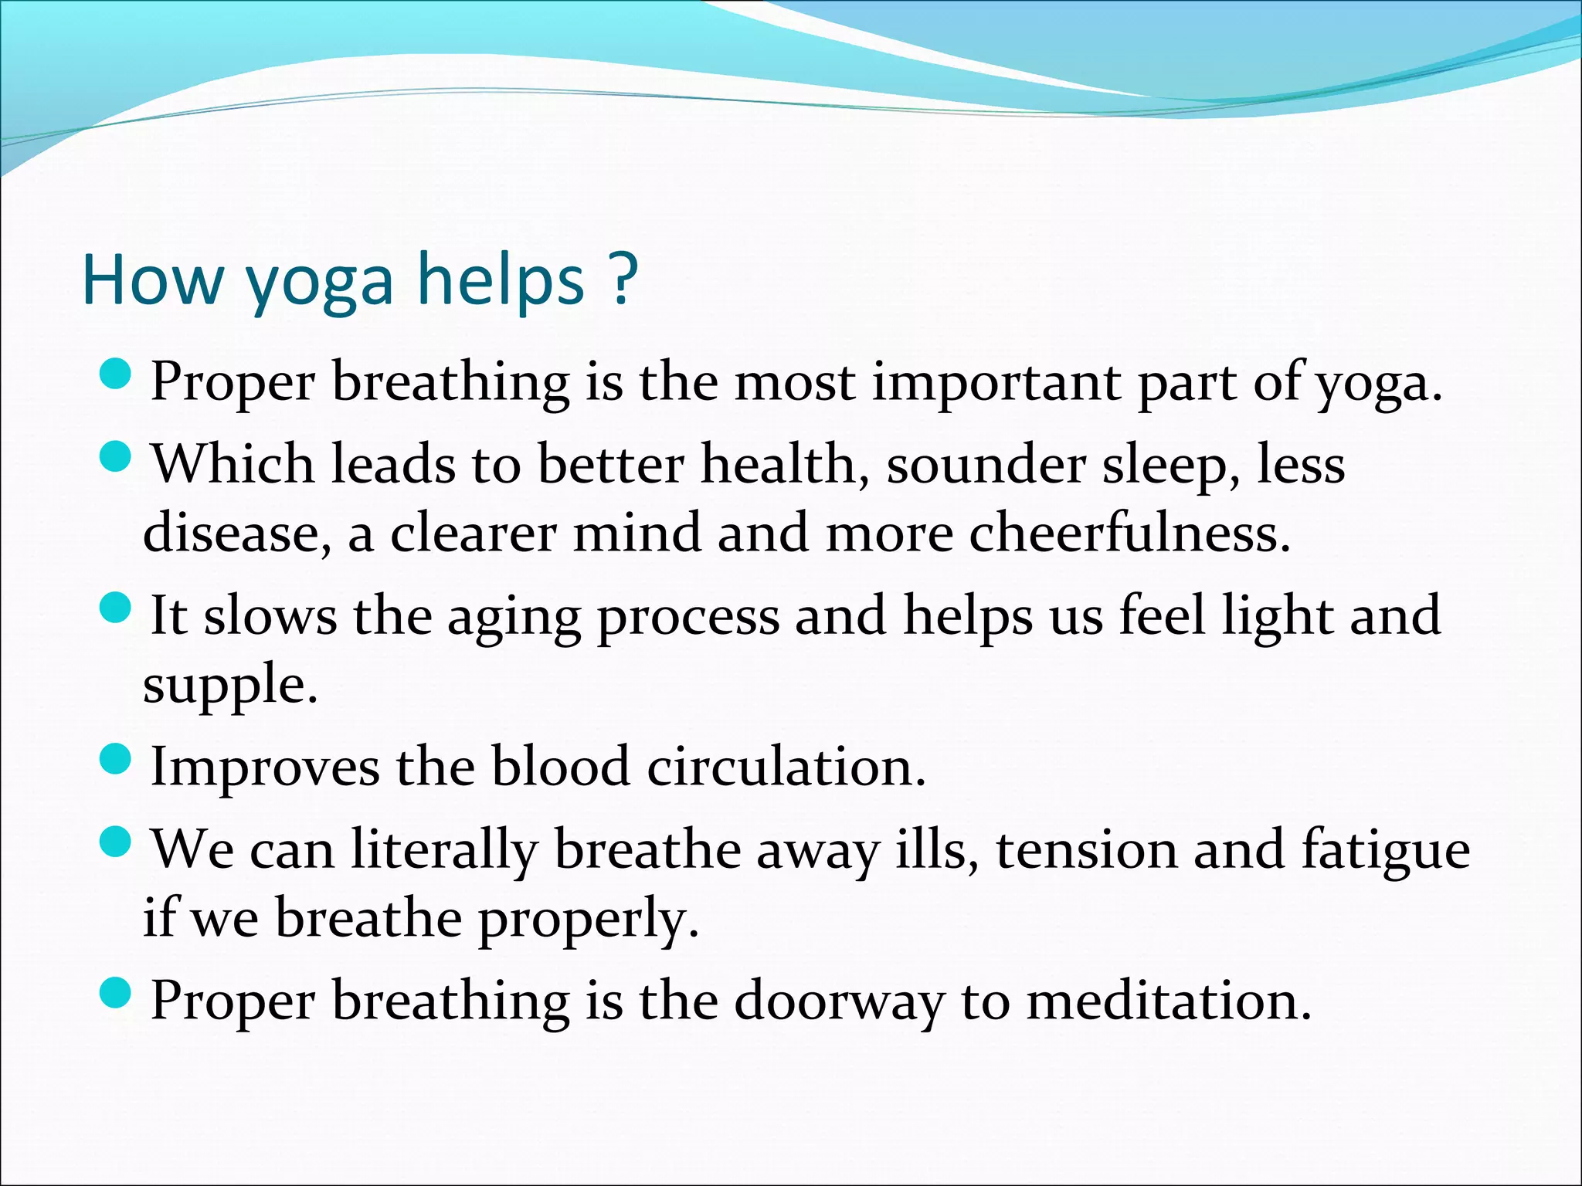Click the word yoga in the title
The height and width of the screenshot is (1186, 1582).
(320, 283)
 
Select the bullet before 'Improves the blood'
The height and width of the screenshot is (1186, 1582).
(117, 760)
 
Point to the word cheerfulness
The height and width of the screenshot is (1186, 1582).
(1129, 533)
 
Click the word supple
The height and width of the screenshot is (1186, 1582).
(229, 686)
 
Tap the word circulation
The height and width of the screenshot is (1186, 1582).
(786, 768)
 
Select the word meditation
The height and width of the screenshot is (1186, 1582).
(1169, 1001)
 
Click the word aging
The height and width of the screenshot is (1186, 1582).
(514, 618)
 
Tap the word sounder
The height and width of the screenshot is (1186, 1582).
(985, 465)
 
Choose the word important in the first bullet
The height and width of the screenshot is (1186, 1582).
(996, 383)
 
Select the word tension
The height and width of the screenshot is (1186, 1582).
(1086, 849)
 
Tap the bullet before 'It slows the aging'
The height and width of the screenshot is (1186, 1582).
(117, 608)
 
